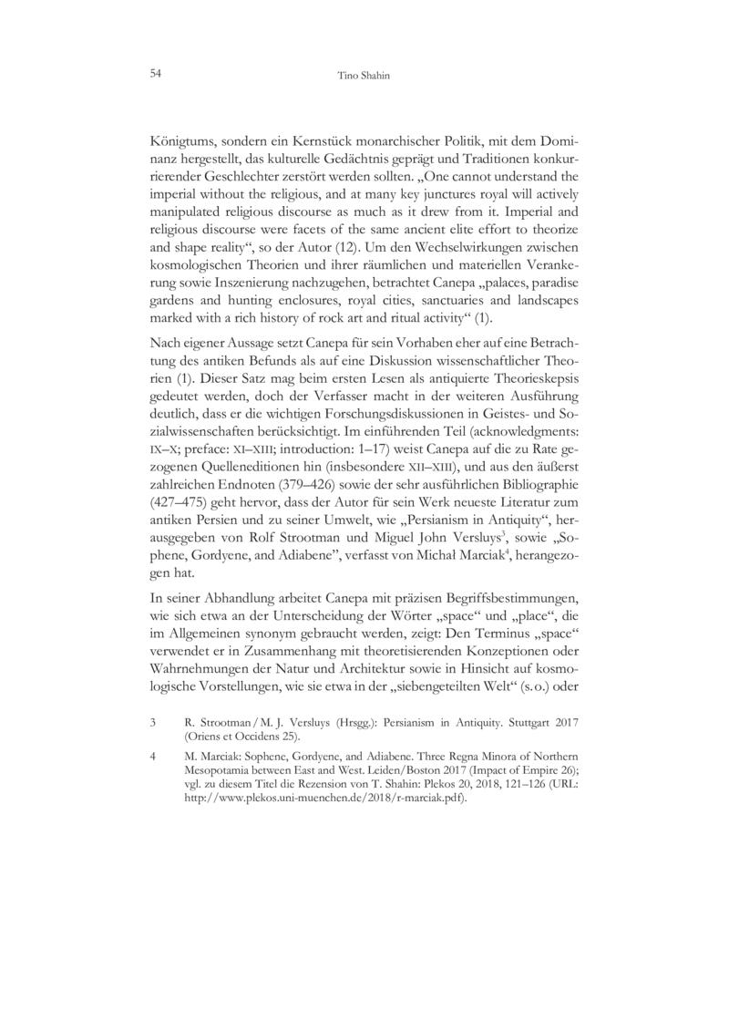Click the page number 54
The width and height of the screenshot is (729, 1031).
[151, 71]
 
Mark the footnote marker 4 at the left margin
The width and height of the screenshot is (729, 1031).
[152, 756]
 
